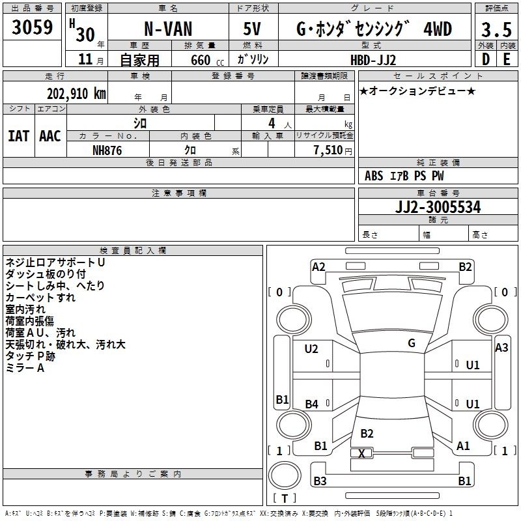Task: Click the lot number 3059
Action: click(32, 27)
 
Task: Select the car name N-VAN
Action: click(168, 29)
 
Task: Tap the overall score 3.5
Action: click(496, 29)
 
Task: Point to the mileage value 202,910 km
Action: click(76, 94)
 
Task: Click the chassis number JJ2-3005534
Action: click(438, 207)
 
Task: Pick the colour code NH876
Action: click(107, 150)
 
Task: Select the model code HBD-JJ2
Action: click(373, 60)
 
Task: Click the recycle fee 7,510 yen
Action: click(333, 150)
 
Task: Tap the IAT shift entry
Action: click(19, 136)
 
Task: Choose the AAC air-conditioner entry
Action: click(50, 136)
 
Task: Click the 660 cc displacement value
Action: click(207, 60)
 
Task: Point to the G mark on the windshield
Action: click(412, 343)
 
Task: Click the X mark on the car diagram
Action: click(361, 453)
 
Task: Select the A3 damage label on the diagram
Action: click(501, 348)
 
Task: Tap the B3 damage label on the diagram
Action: click(320, 481)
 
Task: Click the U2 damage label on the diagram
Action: click(311, 349)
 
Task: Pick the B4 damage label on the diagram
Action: click(312, 404)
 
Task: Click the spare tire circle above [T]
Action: click(285, 475)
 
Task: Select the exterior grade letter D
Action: click(486, 59)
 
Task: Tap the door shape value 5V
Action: click(252, 29)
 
